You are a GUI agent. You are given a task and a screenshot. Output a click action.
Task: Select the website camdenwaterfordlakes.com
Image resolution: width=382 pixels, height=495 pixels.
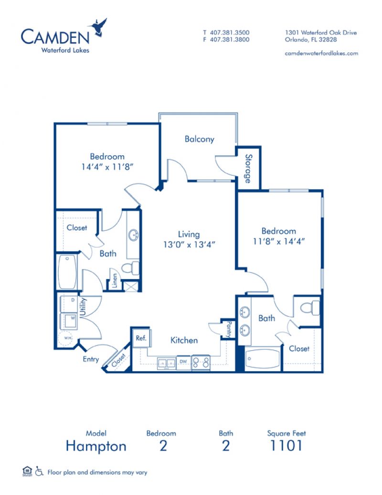pyautogui.click(x=321, y=54)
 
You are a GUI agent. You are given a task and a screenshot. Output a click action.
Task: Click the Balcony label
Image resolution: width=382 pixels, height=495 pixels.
pyautogui.click(x=199, y=140)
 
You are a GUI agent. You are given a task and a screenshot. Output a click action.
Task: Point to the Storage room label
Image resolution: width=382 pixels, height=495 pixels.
pyautogui.click(x=248, y=168)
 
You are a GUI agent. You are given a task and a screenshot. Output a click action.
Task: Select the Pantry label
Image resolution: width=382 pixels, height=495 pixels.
pyautogui.click(x=229, y=329)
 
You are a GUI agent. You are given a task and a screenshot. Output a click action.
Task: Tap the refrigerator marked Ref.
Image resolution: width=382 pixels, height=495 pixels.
pyautogui.click(x=141, y=337)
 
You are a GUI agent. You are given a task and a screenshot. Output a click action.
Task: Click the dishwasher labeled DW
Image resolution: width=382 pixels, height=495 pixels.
pyautogui.click(x=183, y=362)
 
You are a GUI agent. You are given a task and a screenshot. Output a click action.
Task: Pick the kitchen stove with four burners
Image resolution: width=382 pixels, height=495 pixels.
pyautogui.click(x=201, y=363)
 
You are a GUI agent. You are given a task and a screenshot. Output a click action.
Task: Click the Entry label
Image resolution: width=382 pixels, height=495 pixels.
pyautogui.click(x=90, y=359)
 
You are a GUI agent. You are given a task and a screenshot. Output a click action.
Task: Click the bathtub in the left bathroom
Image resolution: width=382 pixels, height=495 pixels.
pyautogui.click(x=67, y=272)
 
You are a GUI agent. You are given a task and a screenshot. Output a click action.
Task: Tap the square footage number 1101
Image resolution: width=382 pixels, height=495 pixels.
pyautogui.click(x=286, y=446)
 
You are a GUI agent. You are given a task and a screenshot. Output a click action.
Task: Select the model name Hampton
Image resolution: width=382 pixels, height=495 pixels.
pyautogui.click(x=96, y=446)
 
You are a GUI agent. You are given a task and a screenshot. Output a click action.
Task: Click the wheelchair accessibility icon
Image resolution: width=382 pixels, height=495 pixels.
pyautogui.click(x=39, y=472)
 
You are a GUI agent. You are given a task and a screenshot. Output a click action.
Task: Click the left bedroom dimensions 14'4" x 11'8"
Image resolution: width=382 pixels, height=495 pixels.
pyautogui.click(x=107, y=167)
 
